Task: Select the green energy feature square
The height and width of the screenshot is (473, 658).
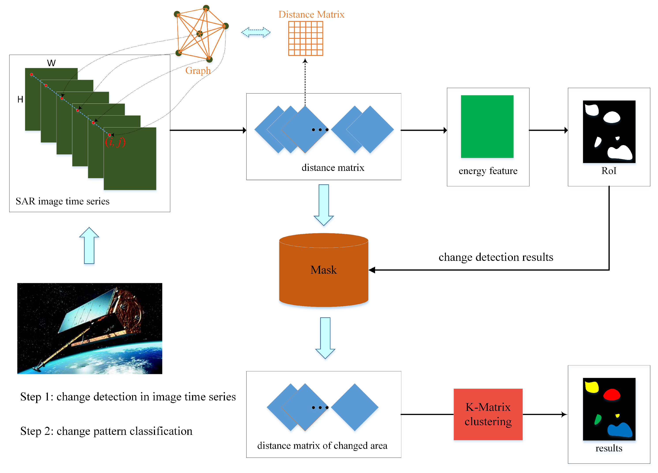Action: [x=487, y=127]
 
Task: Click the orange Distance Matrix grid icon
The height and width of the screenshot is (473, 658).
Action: [x=305, y=38]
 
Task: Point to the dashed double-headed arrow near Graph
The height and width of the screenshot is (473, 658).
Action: [x=256, y=32]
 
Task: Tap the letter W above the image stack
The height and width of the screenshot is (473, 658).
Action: [x=51, y=63]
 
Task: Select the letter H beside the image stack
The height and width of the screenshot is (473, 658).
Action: [x=20, y=99]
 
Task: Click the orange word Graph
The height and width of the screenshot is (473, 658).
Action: [x=198, y=71]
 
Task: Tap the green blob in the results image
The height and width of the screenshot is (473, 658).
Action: [x=597, y=420]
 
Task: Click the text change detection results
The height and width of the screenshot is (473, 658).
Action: [x=495, y=257]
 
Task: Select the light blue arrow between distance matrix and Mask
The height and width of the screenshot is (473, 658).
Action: [x=323, y=205]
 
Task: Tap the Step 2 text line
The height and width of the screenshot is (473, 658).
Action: [x=106, y=431]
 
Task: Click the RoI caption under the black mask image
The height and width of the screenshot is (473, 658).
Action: [x=608, y=171]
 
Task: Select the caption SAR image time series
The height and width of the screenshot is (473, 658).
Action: [x=62, y=201]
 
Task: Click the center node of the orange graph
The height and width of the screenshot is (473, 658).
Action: [x=200, y=34]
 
